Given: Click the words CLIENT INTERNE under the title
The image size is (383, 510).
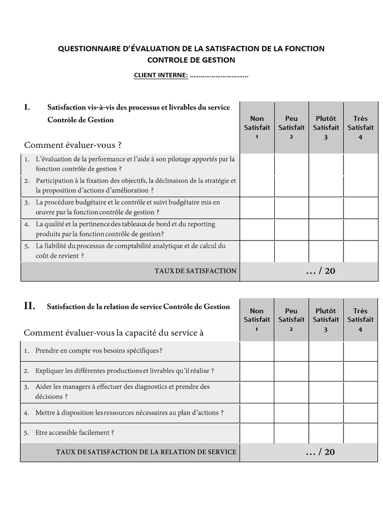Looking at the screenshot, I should pos(161,75).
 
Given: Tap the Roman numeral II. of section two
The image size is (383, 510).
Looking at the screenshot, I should pos(29,307).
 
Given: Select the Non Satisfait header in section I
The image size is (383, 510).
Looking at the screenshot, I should pos(257,127).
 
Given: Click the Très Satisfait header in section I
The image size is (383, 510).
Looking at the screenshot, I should pos(361,127).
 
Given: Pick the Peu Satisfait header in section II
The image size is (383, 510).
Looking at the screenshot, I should pos(291,320).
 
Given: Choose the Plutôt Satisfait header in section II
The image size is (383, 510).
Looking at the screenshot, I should pos(326,320).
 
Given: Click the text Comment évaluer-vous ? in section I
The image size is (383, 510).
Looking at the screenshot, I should pos(73,145).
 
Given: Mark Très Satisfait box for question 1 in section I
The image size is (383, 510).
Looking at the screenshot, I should pos(361,164).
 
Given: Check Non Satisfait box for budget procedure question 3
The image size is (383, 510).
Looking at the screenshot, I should pos(257,208).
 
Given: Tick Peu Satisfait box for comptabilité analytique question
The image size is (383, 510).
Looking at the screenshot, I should pos(291,251).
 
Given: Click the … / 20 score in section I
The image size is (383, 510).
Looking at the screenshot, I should pos(320,271).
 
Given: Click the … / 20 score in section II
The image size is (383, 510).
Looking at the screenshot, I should pos(320,452).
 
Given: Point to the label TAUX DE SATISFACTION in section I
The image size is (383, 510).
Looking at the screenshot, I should pos(195,271).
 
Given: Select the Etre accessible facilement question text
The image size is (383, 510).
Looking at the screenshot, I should pos(75,432).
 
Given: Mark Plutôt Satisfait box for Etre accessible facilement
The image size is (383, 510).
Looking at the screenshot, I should pos(326,433).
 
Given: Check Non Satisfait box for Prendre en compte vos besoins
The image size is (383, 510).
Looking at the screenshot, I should pos(257,351).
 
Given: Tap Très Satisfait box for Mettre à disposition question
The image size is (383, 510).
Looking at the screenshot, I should pos(361,413).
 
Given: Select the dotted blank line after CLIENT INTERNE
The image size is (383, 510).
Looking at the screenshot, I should pos(219,76).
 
